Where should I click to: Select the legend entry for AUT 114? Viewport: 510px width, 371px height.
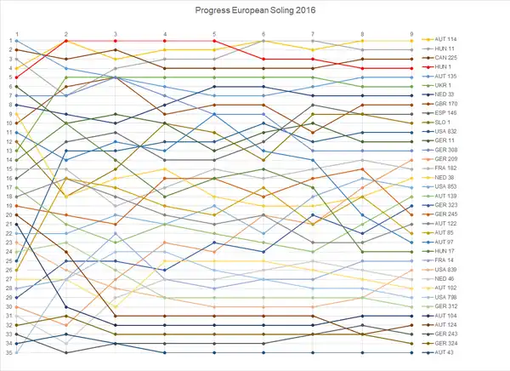click(446, 40)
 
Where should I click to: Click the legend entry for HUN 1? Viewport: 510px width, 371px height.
click(443, 66)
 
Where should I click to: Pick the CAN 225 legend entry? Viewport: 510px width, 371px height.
click(446, 58)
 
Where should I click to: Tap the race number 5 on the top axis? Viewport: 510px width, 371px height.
click(214, 34)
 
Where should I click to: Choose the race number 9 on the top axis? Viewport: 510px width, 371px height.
click(411, 34)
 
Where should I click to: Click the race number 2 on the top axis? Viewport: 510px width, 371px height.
click(66, 34)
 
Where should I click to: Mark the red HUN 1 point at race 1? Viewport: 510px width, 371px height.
click(17, 77)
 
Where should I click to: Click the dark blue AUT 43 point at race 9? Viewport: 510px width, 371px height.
click(411, 352)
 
